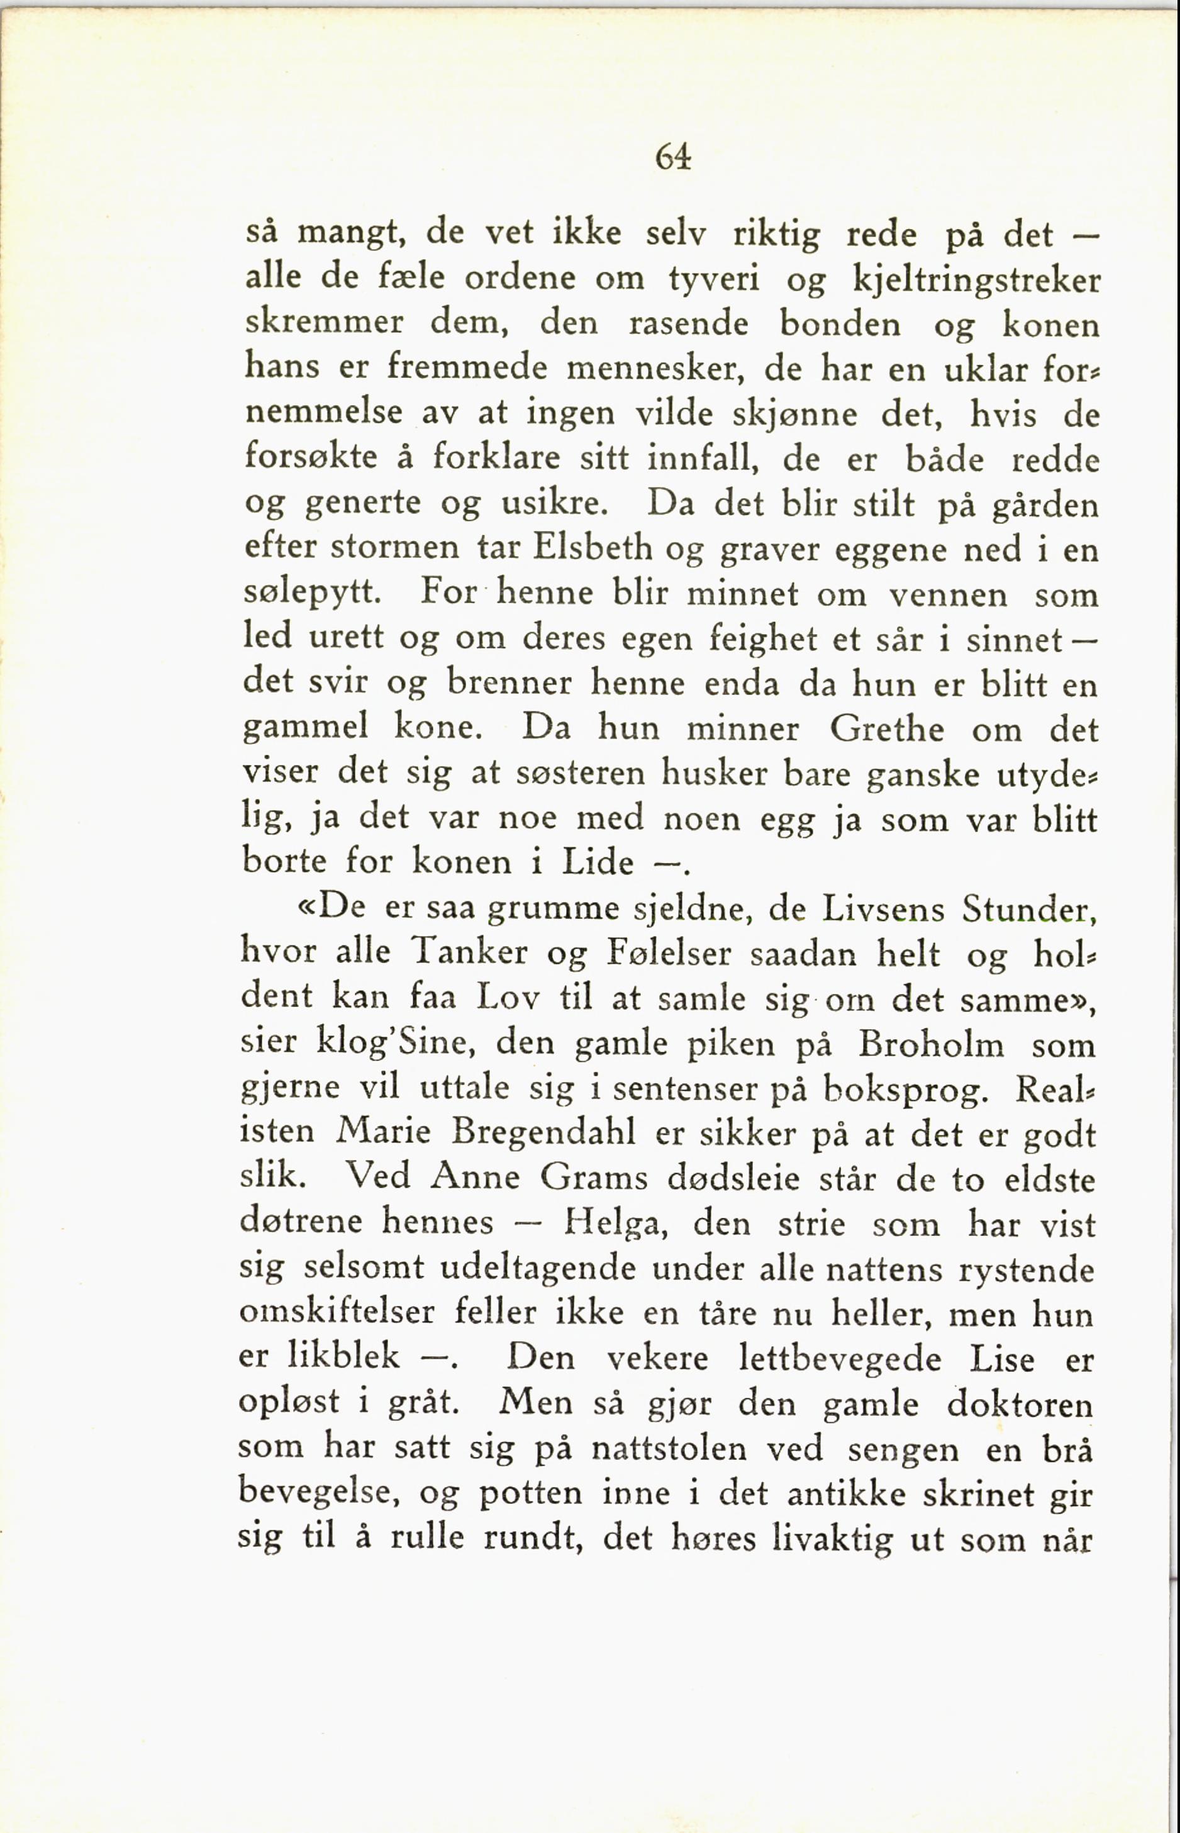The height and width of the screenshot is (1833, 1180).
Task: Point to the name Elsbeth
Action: coord(593,548)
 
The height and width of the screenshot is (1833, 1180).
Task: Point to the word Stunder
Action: coord(1029,910)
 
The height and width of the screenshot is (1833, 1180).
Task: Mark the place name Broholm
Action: coord(930,1044)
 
